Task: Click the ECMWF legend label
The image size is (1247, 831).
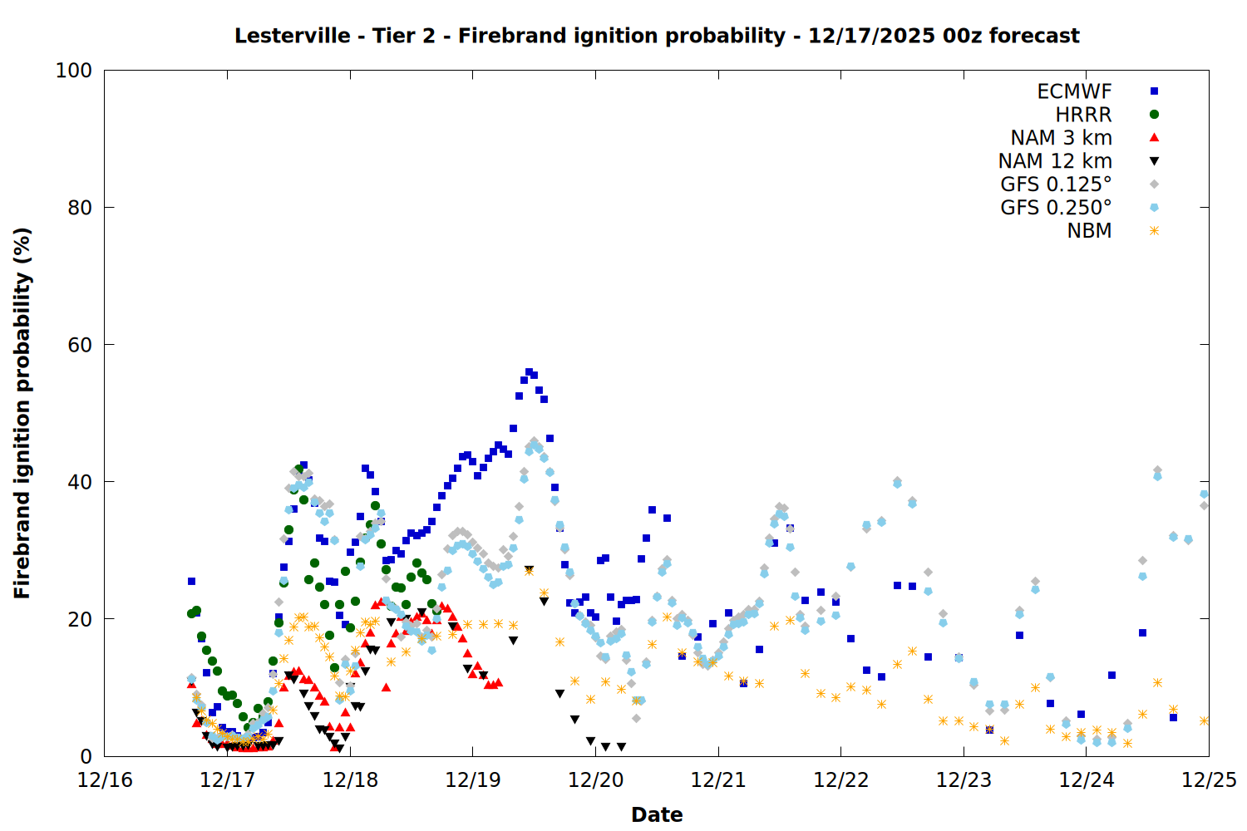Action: tap(1074, 91)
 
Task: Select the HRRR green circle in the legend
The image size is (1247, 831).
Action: tap(1154, 115)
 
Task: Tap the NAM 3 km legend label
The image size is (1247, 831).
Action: tap(1061, 138)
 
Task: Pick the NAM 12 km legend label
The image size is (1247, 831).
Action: tap(1055, 161)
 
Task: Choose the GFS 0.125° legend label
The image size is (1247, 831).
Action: tap(1056, 184)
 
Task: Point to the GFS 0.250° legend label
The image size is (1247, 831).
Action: tap(1056, 208)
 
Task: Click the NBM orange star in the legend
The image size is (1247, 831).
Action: tap(1154, 231)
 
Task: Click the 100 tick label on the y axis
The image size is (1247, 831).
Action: tap(74, 71)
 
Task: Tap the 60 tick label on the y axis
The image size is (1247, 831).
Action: tap(80, 345)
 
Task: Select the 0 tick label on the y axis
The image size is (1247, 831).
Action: tap(86, 756)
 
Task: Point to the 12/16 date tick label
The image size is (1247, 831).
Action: tap(105, 780)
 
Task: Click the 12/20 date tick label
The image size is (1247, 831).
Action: tap(595, 780)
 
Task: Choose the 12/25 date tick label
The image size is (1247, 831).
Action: tap(1209, 780)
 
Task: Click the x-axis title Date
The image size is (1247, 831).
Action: tap(657, 814)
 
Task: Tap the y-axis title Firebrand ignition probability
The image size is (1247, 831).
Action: tap(22, 413)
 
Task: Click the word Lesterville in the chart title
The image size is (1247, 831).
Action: tap(292, 36)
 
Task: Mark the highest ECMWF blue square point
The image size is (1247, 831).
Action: tap(529, 372)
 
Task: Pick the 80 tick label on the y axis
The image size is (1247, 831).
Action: tap(80, 208)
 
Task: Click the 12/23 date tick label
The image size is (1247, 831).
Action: tap(964, 780)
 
